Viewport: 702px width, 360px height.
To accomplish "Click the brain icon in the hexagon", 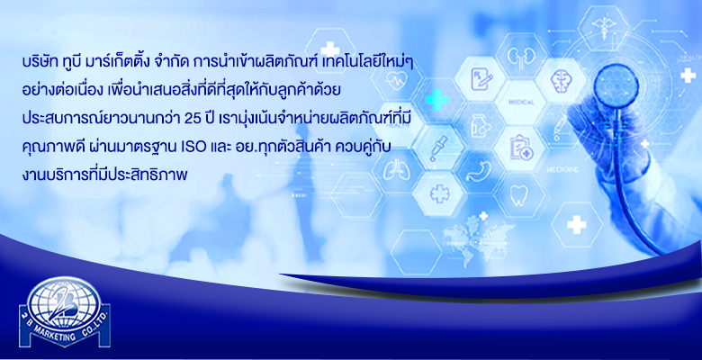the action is click(x=562, y=81).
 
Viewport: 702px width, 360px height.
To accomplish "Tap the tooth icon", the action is click(x=519, y=195).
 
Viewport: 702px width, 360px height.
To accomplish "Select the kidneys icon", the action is click(x=522, y=57).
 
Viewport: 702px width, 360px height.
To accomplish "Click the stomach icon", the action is click(x=478, y=171).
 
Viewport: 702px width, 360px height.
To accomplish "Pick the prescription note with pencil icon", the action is click(x=481, y=79).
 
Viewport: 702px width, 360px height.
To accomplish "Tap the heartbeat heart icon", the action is click(x=396, y=82).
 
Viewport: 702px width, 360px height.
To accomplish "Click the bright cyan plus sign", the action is click(x=437, y=99).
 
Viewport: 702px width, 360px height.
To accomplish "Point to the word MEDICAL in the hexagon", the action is click(x=521, y=103).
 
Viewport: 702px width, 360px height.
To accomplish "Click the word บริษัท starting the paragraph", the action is click(x=40, y=62).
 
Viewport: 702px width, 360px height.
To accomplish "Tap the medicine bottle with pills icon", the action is click(x=480, y=126).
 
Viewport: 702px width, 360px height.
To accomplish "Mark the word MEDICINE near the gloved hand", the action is click(x=562, y=170).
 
